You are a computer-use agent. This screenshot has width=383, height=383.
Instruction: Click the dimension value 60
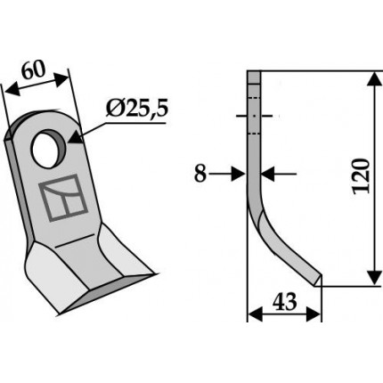click(x=34, y=70)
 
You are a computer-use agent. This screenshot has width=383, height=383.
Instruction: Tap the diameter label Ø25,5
click(x=137, y=109)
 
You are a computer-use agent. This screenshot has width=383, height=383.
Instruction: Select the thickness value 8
click(x=200, y=174)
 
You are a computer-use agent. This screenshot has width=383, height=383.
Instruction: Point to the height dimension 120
click(x=362, y=176)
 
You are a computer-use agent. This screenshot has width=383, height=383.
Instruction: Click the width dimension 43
click(x=284, y=301)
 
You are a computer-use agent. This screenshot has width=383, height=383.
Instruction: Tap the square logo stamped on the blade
click(x=63, y=198)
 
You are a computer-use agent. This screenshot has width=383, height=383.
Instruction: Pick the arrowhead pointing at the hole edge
click(x=76, y=137)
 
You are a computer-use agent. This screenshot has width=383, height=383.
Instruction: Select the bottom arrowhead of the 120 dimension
click(x=375, y=278)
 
